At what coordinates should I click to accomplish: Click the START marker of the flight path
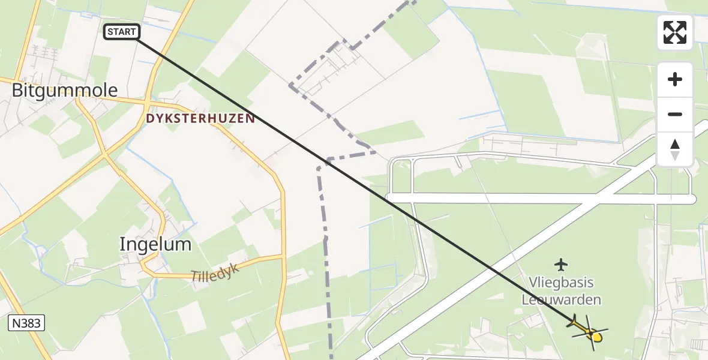click(x=122, y=32)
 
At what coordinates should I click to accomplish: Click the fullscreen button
click(x=675, y=32)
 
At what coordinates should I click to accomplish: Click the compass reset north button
click(x=675, y=149)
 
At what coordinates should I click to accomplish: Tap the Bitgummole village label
click(x=65, y=91)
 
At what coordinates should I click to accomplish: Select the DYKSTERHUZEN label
click(x=200, y=119)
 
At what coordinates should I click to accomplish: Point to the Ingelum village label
click(x=155, y=244)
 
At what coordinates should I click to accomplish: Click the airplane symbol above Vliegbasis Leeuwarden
click(x=561, y=264)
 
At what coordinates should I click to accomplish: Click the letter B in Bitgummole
click(x=17, y=91)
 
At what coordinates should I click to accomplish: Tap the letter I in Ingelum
click(x=122, y=244)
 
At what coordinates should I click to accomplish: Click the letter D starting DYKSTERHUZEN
click(x=149, y=119)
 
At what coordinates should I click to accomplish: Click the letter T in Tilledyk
click(x=195, y=278)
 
